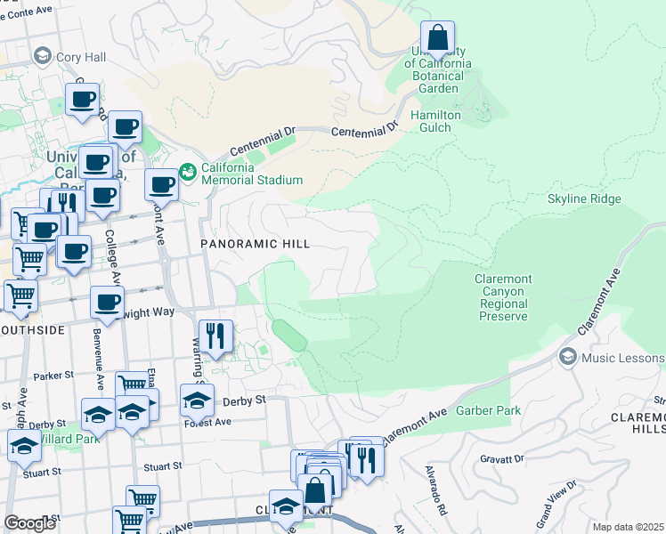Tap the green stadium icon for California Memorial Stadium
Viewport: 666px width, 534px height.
[187, 169]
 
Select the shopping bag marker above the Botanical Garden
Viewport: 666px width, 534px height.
[437, 39]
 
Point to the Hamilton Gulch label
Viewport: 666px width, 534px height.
[435, 121]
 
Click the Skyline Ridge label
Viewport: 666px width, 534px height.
[584, 198]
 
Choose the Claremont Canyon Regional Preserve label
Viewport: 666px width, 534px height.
[502, 297]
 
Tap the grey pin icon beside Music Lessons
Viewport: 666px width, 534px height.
[566, 357]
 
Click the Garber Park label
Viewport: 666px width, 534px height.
[489, 410]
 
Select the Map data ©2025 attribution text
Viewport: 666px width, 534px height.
[628, 527]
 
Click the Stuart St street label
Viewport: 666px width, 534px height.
[164, 465]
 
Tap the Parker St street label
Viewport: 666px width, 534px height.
[52, 376]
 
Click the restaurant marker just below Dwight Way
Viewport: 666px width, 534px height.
[215, 336]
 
